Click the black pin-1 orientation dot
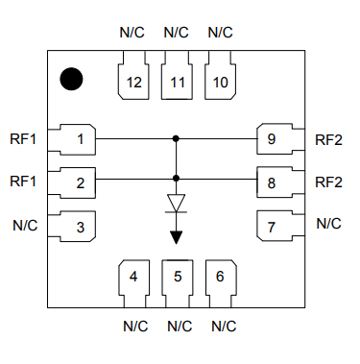[x=71, y=79]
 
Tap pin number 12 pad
[x=133, y=76]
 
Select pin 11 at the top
[x=177, y=76]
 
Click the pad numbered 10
[x=220, y=76]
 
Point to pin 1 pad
[x=72, y=139]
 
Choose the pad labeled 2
[x=72, y=182]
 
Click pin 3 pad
[x=72, y=227]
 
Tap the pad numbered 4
[x=134, y=283]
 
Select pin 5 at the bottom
[x=178, y=283]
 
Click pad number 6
[x=221, y=283]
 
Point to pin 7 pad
[x=280, y=226]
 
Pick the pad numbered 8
[x=280, y=182]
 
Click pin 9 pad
[x=280, y=139]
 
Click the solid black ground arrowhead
[x=176, y=237]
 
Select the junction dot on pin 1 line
[x=176, y=138]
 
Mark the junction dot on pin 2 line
[x=176, y=179]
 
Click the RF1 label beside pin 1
[x=23, y=139]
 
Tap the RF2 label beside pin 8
[x=328, y=182]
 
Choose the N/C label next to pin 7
[x=328, y=224]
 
